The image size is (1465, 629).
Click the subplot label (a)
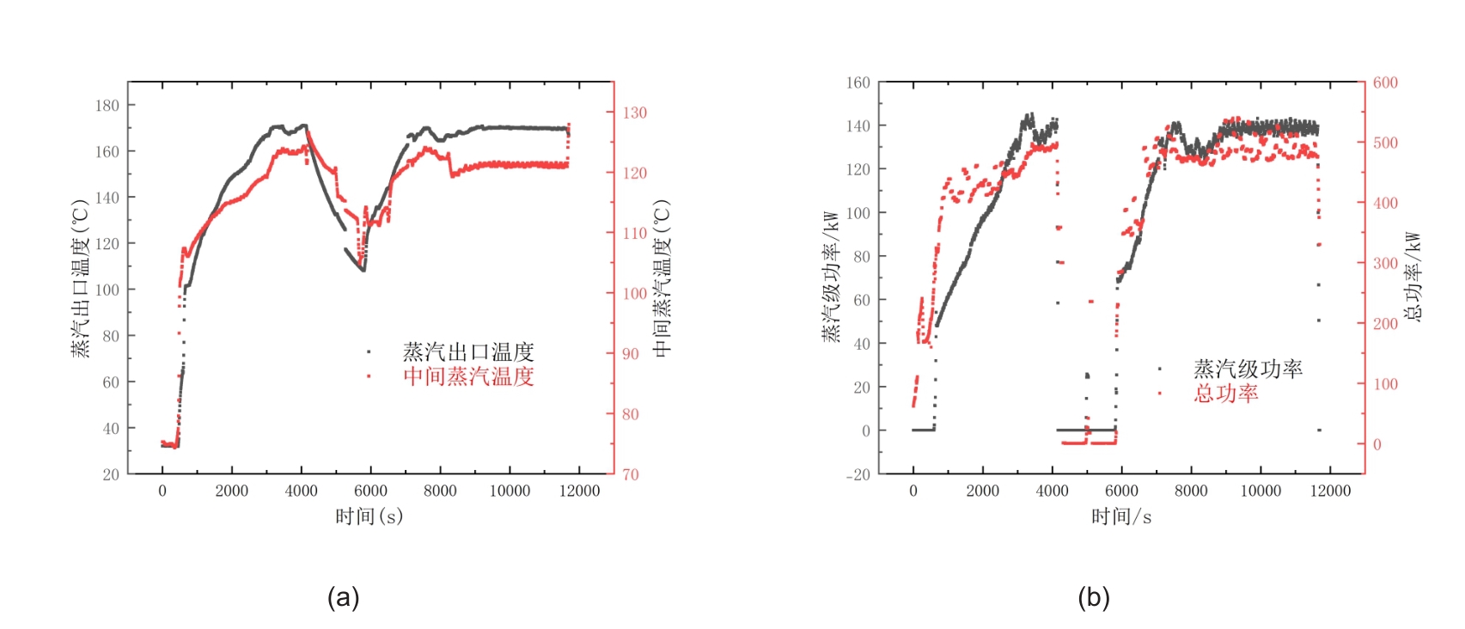(343, 597)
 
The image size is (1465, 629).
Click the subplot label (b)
(1093, 597)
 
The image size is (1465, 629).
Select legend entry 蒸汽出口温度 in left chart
(468, 351)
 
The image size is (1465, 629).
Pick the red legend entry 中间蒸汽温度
(468, 376)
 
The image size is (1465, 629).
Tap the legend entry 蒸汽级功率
(1248, 369)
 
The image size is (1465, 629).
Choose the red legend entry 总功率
(1225, 394)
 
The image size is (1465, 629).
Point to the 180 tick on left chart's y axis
(107, 106)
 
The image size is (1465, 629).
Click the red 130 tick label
(635, 113)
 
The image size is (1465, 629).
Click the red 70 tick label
(631, 474)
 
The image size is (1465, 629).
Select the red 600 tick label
(1385, 82)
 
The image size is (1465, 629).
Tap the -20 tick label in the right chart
(858, 474)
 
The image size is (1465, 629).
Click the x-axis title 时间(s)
(369, 516)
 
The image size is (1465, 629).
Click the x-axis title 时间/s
(1121, 516)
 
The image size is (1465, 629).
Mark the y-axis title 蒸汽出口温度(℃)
(80, 278)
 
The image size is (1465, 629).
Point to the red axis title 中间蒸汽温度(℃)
(662, 278)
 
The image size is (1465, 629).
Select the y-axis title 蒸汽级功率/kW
(831, 277)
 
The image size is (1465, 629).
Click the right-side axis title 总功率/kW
(1413, 277)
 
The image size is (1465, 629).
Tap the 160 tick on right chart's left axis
(858, 82)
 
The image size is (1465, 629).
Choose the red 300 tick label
(1385, 263)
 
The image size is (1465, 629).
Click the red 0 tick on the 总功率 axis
(1376, 444)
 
